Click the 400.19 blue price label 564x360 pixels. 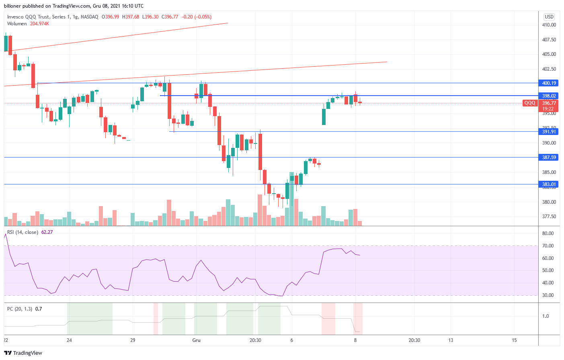pyautogui.click(x=549, y=83)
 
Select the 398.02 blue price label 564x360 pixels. pyautogui.click(x=549, y=96)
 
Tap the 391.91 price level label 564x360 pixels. pyautogui.click(x=549, y=132)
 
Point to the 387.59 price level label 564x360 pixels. pyautogui.click(x=549, y=157)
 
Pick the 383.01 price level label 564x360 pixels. pyautogui.click(x=549, y=184)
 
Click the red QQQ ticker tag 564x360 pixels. pyautogui.click(x=530, y=103)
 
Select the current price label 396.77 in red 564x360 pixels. pyautogui.click(x=549, y=103)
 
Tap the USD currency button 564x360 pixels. pyautogui.click(x=549, y=17)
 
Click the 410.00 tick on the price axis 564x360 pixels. pyautogui.click(x=549, y=25)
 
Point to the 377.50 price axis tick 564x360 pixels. pyautogui.click(x=549, y=217)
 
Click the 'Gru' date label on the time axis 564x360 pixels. pyautogui.click(x=196, y=340)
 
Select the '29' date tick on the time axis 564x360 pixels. pyautogui.click(x=133, y=340)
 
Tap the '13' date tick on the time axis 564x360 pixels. pyautogui.click(x=451, y=340)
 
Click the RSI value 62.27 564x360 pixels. pyautogui.click(x=47, y=232)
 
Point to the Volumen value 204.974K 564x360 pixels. pyautogui.click(x=39, y=24)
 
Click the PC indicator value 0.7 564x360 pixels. pyautogui.click(x=39, y=309)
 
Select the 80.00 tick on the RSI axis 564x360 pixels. pyautogui.click(x=548, y=233)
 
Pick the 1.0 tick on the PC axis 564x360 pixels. pyautogui.click(x=546, y=316)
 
